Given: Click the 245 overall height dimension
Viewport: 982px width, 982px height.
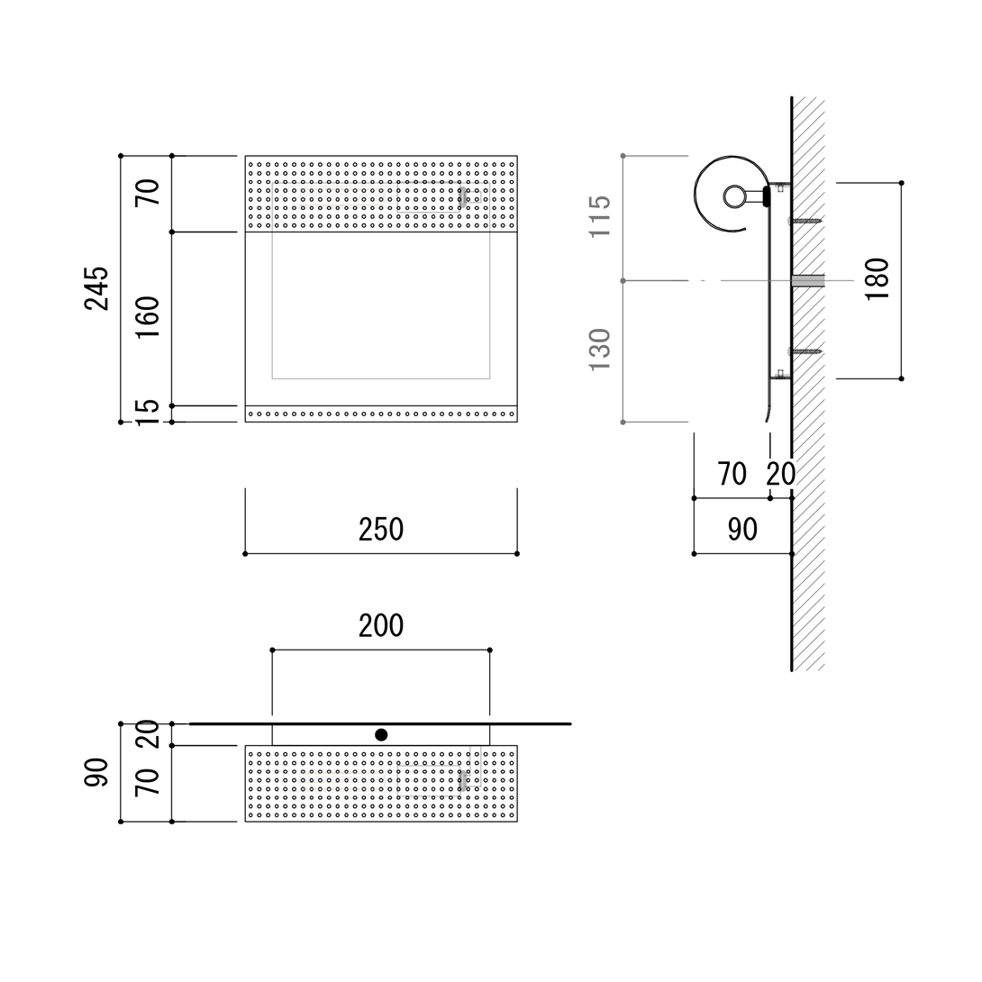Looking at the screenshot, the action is [96, 288].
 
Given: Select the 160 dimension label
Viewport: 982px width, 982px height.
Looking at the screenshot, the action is [148, 317].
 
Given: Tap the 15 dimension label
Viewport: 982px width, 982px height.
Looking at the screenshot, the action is [148, 413].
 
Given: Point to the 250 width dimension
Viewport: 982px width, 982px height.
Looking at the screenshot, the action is [381, 530].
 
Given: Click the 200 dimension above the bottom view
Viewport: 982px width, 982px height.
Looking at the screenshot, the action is [381, 625].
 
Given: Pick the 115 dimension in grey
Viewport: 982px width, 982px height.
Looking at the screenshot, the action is [600, 216].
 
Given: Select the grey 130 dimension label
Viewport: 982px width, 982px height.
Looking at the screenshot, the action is [600, 349].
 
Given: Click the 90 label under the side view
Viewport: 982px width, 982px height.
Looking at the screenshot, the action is [742, 530].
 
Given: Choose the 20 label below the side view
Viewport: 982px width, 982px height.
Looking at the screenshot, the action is [781, 474].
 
